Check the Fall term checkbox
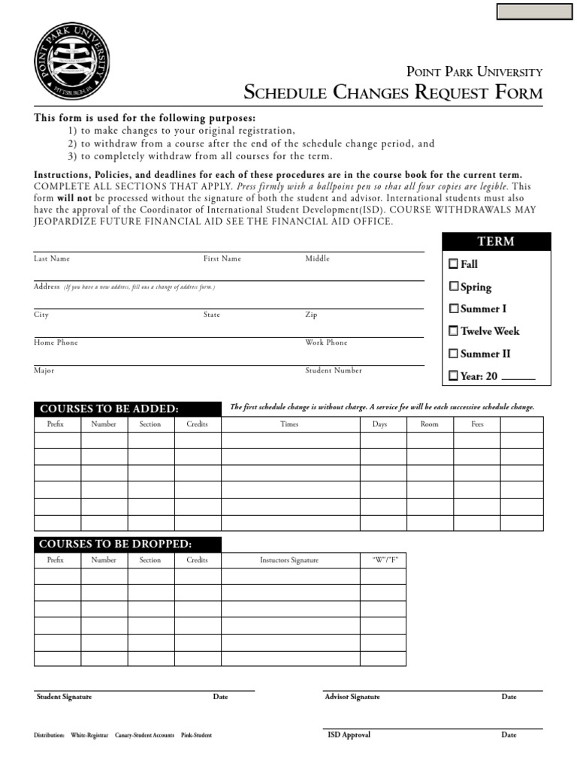pyautogui.click(x=453, y=264)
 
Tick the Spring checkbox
pyautogui.click(x=453, y=286)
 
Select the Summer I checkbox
pyautogui.click(x=453, y=309)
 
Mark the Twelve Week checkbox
pyautogui.click(x=453, y=330)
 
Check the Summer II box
pyautogui.click(x=453, y=353)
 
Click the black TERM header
pyautogui.click(x=497, y=241)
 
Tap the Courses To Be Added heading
pyautogui.click(x=110, y=409)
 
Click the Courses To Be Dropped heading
pyautogui.click(x=116, y=544)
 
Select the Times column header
pyautogui.click(x=289, y=424)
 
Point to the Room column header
pyautogui.click(x=429, y=424)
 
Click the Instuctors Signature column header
pyautogui.click(x=289, y=560)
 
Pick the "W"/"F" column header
pyautogui.click(x=384, y=560)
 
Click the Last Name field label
pyautogui.click(x=52, y=258)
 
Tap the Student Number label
pyautogui.click(x=334, y=370)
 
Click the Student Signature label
pyautogui.click(x=64, y=697)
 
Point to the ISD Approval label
pyautogui.click(x=349, y=734)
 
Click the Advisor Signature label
pyautogui.click(x=352, y=697)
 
